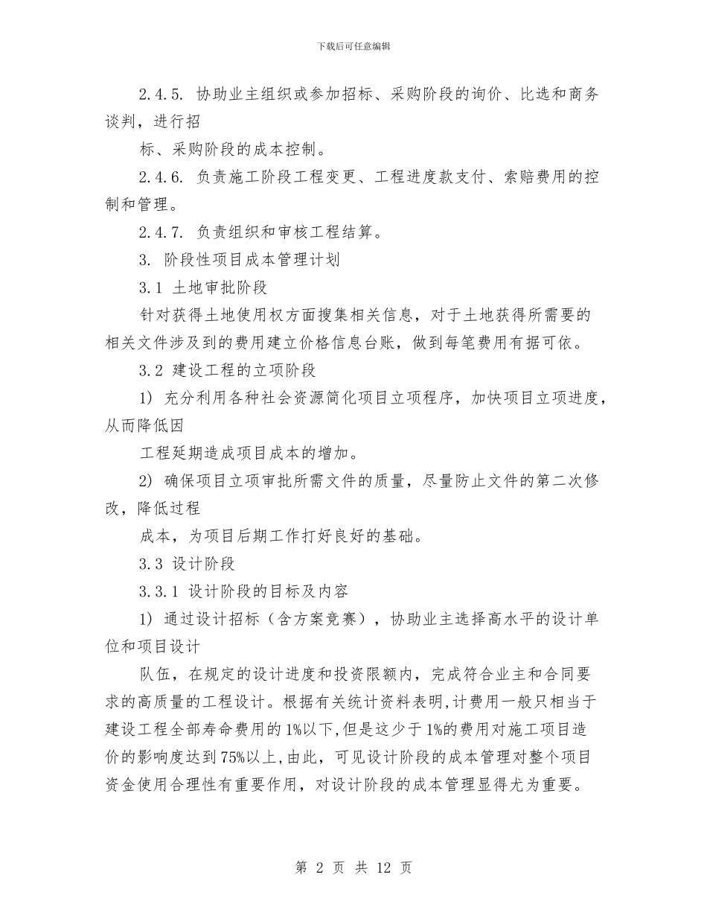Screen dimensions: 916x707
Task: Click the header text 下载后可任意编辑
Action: point(353,46)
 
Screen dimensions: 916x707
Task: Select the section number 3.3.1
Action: point(160,591)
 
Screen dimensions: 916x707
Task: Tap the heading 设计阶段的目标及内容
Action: point(268,591)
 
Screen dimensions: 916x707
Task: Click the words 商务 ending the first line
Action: point(583,95)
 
